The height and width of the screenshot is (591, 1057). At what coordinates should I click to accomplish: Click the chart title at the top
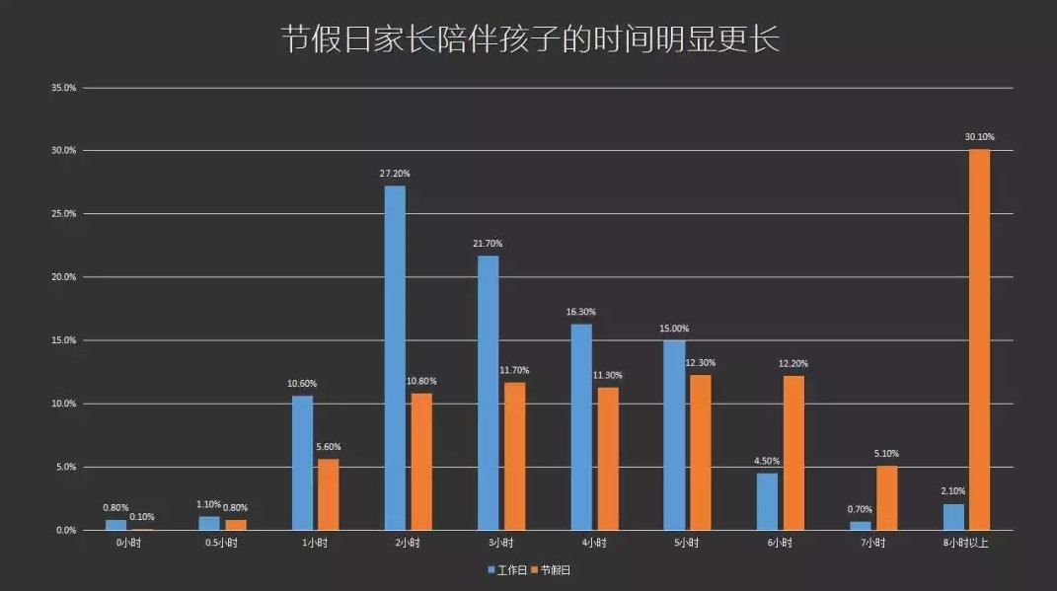[530, 40]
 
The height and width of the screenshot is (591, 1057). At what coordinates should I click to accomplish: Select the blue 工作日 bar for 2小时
[395, 357]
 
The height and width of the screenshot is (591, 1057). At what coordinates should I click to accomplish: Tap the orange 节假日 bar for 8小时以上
[979, 339]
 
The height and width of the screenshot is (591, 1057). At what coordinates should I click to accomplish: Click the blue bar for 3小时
[488, 393]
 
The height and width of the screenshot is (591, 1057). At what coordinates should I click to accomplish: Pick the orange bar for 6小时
[793, 453]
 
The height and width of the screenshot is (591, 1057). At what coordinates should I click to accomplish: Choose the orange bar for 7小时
[886, 497]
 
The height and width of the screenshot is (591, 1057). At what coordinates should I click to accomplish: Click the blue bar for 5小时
[674, 434]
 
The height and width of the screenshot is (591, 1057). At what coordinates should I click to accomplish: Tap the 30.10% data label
[979, 137]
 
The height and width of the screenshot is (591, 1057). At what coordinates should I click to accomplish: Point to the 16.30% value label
[581, 312]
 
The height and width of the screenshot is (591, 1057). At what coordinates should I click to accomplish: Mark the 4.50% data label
[767, 461]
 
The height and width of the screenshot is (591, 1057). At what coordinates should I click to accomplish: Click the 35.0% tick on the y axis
[63, 88]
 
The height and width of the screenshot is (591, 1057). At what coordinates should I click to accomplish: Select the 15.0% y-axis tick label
[63, 340]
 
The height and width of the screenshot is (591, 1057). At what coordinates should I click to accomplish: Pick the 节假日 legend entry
[551, 569]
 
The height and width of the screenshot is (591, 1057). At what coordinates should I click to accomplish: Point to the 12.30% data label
[701, 363]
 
